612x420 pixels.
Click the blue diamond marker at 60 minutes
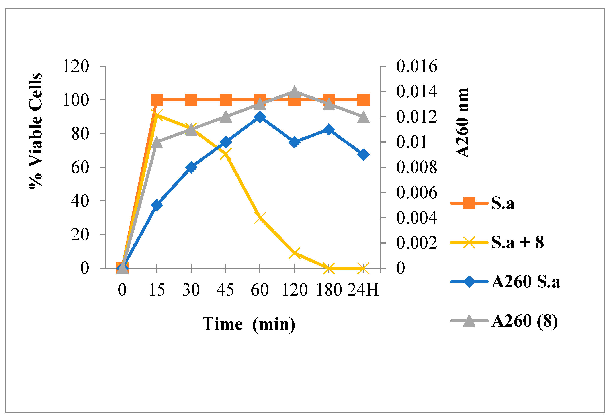click(x=260, y=117)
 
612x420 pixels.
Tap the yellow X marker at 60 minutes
click(x=260, y=217)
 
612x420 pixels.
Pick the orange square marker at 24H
click(x=363, y=100)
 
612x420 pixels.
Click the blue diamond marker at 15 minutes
click(x=157, y=205)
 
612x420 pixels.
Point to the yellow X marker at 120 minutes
click(x=294, y=253)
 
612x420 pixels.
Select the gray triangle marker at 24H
click(x=363, y=117)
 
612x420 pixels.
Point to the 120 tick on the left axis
click(x=76, y=66)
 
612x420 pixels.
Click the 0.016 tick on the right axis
click(x=416, y=66)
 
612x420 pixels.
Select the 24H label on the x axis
click(x=363, y=290)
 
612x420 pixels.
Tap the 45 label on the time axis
click(x=225, y=290)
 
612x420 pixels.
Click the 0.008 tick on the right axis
click(x=416, y=167)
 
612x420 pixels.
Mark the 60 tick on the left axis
click(x=80, y=167)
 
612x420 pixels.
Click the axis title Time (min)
click(x=249, y=324)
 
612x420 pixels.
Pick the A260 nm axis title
click(x=462, y=123)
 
